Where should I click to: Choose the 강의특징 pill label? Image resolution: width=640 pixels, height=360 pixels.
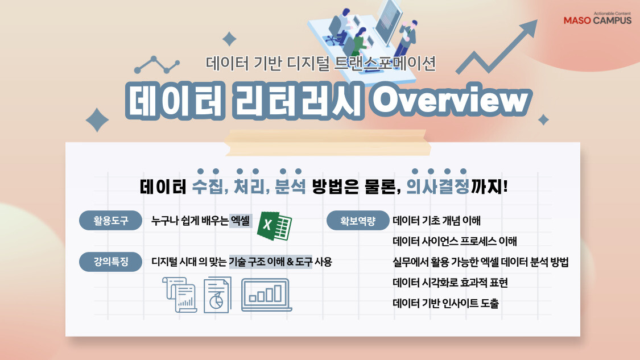111,262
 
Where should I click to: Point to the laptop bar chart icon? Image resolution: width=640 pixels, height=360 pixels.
267,293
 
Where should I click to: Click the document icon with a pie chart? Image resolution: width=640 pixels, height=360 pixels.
217,295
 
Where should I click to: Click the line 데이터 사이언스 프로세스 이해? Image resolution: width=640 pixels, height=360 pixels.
455,242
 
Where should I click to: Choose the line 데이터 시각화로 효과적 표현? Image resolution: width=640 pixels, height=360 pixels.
450,283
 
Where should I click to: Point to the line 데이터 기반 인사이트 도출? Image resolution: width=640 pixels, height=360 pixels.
445,303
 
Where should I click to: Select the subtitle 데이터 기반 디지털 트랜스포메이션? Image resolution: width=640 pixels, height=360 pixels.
321,63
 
